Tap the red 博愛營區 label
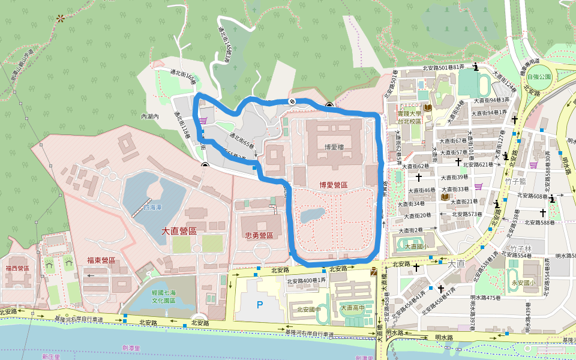click(334, 185)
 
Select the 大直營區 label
click(179, 230)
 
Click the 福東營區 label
click(101, 260)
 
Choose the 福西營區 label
click(18, 268)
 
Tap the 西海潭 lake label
click(152, 208)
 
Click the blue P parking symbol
click(260, 305)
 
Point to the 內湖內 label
click(149, 116)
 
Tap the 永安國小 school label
click(523, 283)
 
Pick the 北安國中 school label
click(308, 310)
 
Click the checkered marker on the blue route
click(292, 101)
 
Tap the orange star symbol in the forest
click(60, 19)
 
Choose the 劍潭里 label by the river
click(131, 347)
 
